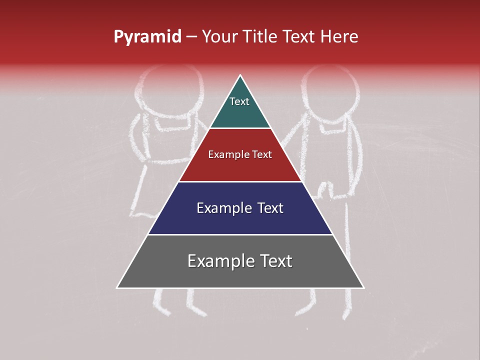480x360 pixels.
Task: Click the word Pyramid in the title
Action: click(147, 37)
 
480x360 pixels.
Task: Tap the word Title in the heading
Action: click(260, 37)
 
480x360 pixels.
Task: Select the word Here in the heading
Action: click(339, 37)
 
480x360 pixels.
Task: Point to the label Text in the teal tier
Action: click(239, 101)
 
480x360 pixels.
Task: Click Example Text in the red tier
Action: click(240, 154)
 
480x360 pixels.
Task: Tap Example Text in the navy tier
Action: click(240, 208)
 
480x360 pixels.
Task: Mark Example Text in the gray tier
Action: click(240, 261)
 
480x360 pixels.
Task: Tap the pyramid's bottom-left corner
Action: click(117, 287)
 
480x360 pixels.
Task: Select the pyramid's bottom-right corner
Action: click(363, 287)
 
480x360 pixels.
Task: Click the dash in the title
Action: click(191, 37)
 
